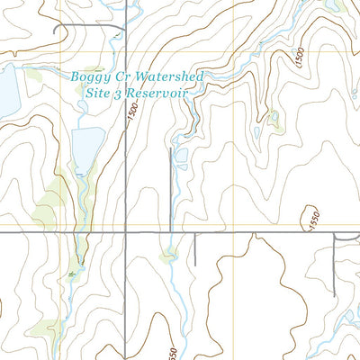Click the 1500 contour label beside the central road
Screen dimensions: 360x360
click(132, 112)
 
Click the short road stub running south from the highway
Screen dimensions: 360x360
click(193, 249)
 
